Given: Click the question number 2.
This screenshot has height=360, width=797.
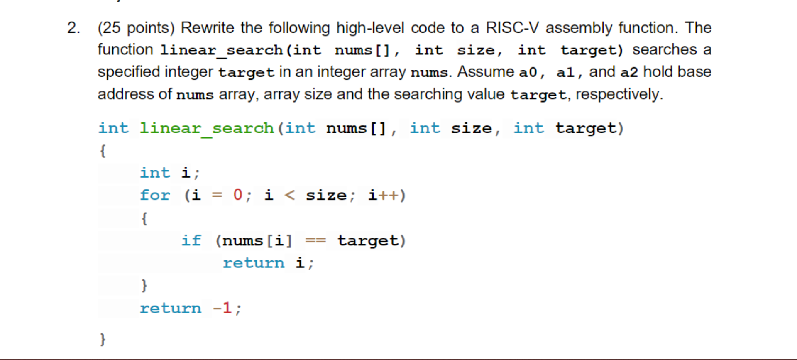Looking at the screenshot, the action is (73, 28).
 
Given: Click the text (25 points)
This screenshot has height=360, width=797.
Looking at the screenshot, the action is (136, 28).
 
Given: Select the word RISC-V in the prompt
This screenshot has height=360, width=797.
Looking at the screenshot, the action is (512, 28).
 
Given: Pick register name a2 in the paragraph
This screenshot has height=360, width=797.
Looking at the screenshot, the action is (629, 72).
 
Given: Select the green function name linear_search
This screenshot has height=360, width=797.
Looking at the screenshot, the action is (207, 128).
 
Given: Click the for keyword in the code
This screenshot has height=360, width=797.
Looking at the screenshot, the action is (155, 195).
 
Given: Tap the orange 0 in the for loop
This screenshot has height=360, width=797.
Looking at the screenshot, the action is (238, 194).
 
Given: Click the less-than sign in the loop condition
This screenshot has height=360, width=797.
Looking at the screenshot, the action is (289, 195).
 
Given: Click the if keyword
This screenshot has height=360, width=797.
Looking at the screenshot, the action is (191, 240).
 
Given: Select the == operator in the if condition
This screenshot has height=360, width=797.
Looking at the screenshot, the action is (315, 240).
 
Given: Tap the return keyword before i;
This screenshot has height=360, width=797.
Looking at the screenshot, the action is (254, 263).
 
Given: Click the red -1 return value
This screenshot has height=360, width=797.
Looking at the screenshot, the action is (222, 308).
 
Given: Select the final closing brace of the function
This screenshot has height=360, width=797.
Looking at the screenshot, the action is (103, 339).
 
